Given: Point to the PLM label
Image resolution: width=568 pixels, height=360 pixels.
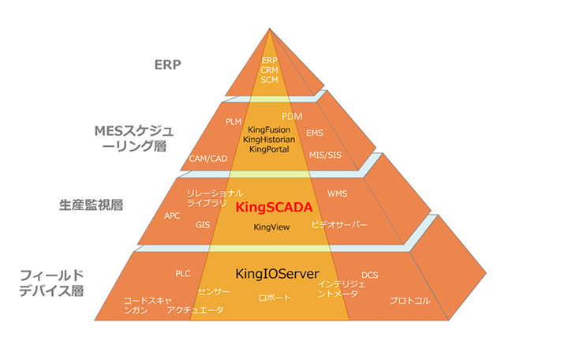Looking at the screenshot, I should tap(233, 122).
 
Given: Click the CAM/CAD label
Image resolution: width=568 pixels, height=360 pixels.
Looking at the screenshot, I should tap(207, 159).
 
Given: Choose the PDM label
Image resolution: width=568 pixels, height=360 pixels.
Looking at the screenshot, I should tap(292, 116).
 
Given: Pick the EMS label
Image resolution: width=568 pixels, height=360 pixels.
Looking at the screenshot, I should tap(315, 133).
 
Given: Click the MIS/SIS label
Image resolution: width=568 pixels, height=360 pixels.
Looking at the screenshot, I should tap(325, 154).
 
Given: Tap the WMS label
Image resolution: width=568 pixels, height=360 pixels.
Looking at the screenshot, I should tap(337, 193).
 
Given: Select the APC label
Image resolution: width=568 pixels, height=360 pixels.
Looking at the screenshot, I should tap(173, 215).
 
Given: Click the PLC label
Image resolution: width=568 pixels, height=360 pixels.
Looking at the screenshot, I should tap(183, 273).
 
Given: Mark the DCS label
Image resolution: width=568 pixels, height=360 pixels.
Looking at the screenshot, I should tap(369, 275).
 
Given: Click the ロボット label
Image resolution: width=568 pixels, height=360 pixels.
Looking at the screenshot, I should tap(275, 298).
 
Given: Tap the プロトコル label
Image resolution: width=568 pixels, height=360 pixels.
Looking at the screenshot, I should tap(409, 301).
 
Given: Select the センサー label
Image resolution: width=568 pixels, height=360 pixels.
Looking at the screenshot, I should tap(214, 291).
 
